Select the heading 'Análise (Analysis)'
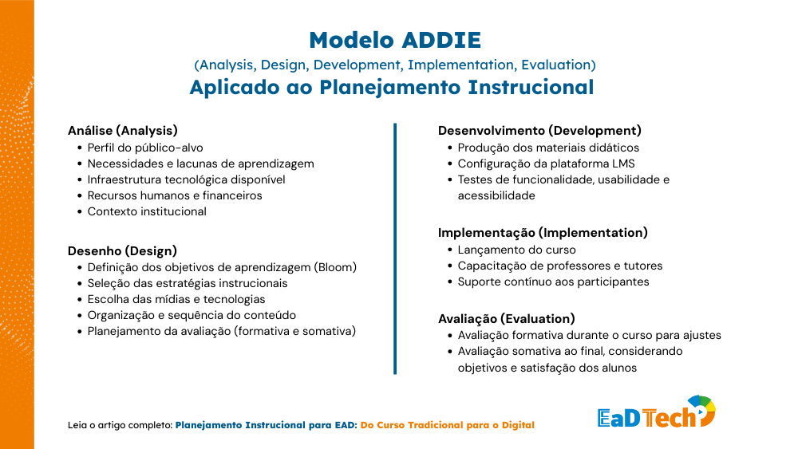tap(122, 130)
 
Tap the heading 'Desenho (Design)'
tap(122, 250)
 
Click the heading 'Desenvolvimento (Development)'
tap(539, 130)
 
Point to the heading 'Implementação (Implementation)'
tap(543, 233)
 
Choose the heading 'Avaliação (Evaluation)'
tap(506, 318)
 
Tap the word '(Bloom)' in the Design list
tap(335, 267)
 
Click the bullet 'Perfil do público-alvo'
tap(145, 148)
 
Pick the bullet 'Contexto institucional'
tap(147, 211)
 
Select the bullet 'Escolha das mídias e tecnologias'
tap(176, 299)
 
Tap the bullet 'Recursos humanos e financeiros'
tap(175, 195)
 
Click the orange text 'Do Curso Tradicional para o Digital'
tap(447, 426)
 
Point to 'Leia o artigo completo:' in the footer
tap(120, 426)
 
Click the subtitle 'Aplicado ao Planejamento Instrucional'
tap(391, 88)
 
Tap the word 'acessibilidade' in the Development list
tap(496, 195)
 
